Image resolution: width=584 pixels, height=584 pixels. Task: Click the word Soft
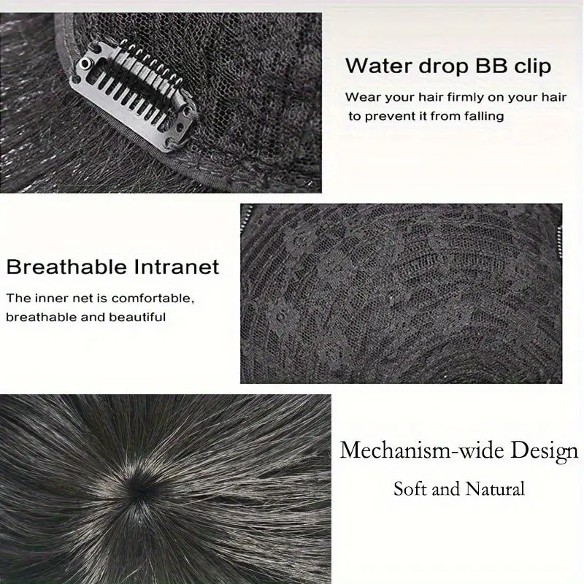tap(410, 488)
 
